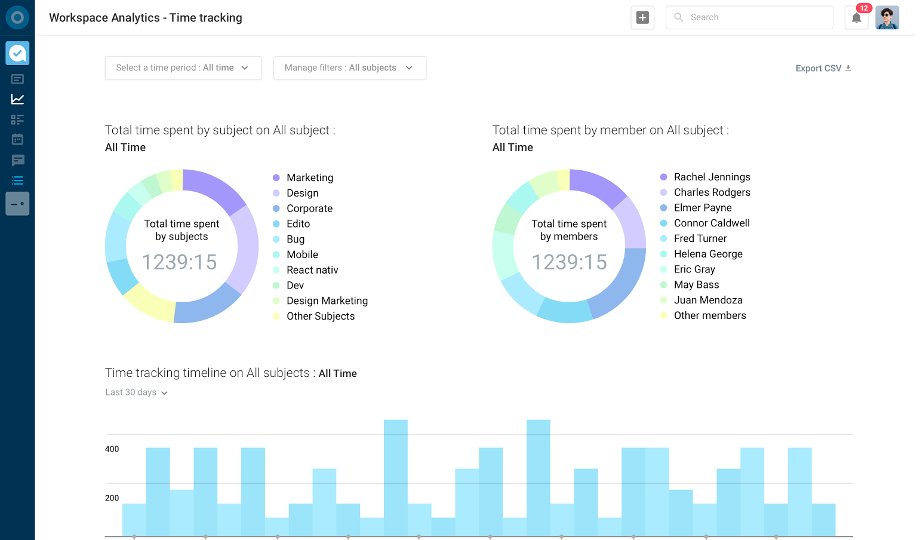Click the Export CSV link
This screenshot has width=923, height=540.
click(823, 68)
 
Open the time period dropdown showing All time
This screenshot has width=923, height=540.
click(183, 68)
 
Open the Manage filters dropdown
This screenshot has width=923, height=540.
click(349, 68)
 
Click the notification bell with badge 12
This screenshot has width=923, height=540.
click(856, 18)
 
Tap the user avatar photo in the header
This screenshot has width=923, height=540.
click(887, 18)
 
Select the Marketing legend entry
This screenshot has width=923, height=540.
click(309, 177)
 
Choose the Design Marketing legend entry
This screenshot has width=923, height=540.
click(327, 300)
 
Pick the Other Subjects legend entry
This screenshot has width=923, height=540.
click(320, 316)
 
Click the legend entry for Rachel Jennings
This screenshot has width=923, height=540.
click(712, 177)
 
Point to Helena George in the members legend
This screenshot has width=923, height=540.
click(708, 254)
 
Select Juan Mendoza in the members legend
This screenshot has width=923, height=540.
click(708, 300)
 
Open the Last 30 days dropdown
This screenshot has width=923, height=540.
click(136, 392)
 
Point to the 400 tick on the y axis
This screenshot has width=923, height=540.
click(112, 449)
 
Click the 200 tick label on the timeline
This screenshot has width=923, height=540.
click(112, 498)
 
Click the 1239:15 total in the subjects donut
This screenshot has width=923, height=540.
click(179, 262)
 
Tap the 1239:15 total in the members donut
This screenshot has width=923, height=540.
click(569, 262)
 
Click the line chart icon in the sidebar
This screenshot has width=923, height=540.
click(17, 99)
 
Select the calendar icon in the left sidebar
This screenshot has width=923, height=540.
click(17, 140)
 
